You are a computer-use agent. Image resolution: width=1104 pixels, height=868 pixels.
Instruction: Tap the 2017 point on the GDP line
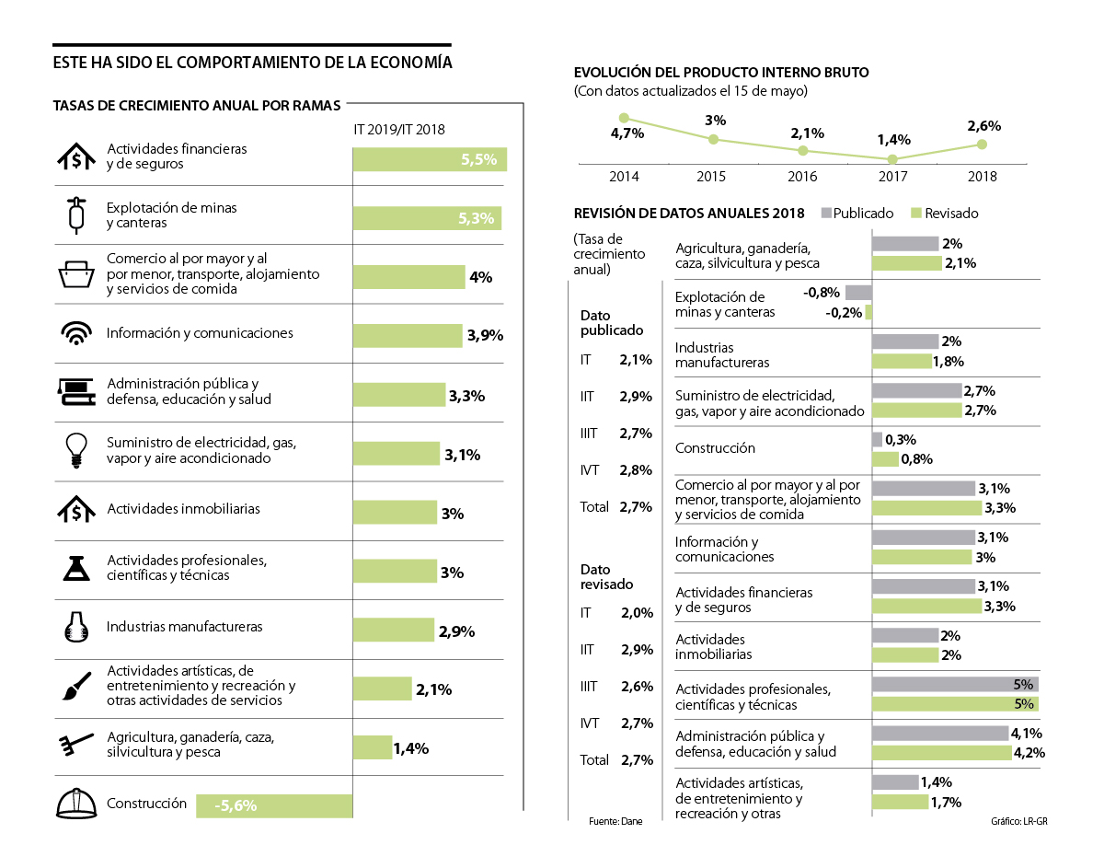(894, 159)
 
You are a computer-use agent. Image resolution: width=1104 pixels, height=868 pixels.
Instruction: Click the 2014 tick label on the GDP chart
(624, 176)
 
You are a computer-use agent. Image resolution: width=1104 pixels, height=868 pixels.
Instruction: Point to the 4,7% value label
(627, 133)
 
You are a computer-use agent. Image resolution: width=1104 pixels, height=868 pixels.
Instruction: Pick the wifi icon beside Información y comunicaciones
(75, 333)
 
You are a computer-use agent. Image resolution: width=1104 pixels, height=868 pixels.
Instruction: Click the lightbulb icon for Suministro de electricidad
(75, 449)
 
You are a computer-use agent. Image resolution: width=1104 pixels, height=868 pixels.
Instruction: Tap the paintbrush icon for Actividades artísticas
(75, 686)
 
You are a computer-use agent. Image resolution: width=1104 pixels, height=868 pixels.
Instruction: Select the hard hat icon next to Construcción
(75, 804)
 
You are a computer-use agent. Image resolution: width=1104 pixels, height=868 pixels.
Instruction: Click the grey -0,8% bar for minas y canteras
(858, 293)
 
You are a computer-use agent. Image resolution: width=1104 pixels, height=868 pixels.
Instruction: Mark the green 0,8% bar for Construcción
(885, 458)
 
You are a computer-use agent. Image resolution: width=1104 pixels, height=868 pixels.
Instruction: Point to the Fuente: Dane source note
(615, 820)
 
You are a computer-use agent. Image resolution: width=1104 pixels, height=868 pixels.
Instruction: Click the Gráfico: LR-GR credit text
(1019, 820)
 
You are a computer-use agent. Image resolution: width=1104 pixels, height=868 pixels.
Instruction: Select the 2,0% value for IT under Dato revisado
(637, 613)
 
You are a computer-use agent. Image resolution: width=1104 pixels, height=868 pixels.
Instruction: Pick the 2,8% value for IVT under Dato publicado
(637, 470)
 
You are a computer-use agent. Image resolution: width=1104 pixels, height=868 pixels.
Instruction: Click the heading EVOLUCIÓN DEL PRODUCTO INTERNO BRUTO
(720, 73)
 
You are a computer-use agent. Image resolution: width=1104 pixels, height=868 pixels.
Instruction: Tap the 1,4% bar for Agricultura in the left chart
(372, 747)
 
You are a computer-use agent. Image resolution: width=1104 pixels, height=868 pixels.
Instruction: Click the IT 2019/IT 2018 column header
(398, 130)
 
